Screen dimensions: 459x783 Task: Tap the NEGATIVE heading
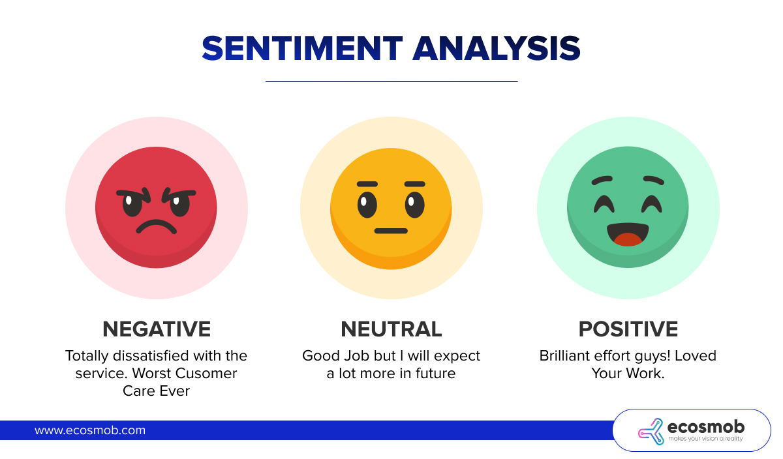157,329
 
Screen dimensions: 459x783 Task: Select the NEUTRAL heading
391,329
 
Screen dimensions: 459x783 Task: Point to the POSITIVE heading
628,329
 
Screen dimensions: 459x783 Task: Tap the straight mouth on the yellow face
391,231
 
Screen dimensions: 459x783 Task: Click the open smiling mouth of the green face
628,233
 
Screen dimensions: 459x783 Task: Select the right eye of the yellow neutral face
415,205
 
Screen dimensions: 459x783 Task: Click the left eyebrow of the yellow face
367,184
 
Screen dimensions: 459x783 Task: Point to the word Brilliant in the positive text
567,356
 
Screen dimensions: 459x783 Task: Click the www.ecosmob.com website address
90,430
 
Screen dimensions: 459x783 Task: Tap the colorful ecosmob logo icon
650,430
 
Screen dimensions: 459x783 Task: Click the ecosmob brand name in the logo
706,427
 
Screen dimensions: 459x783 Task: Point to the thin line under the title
391,81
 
